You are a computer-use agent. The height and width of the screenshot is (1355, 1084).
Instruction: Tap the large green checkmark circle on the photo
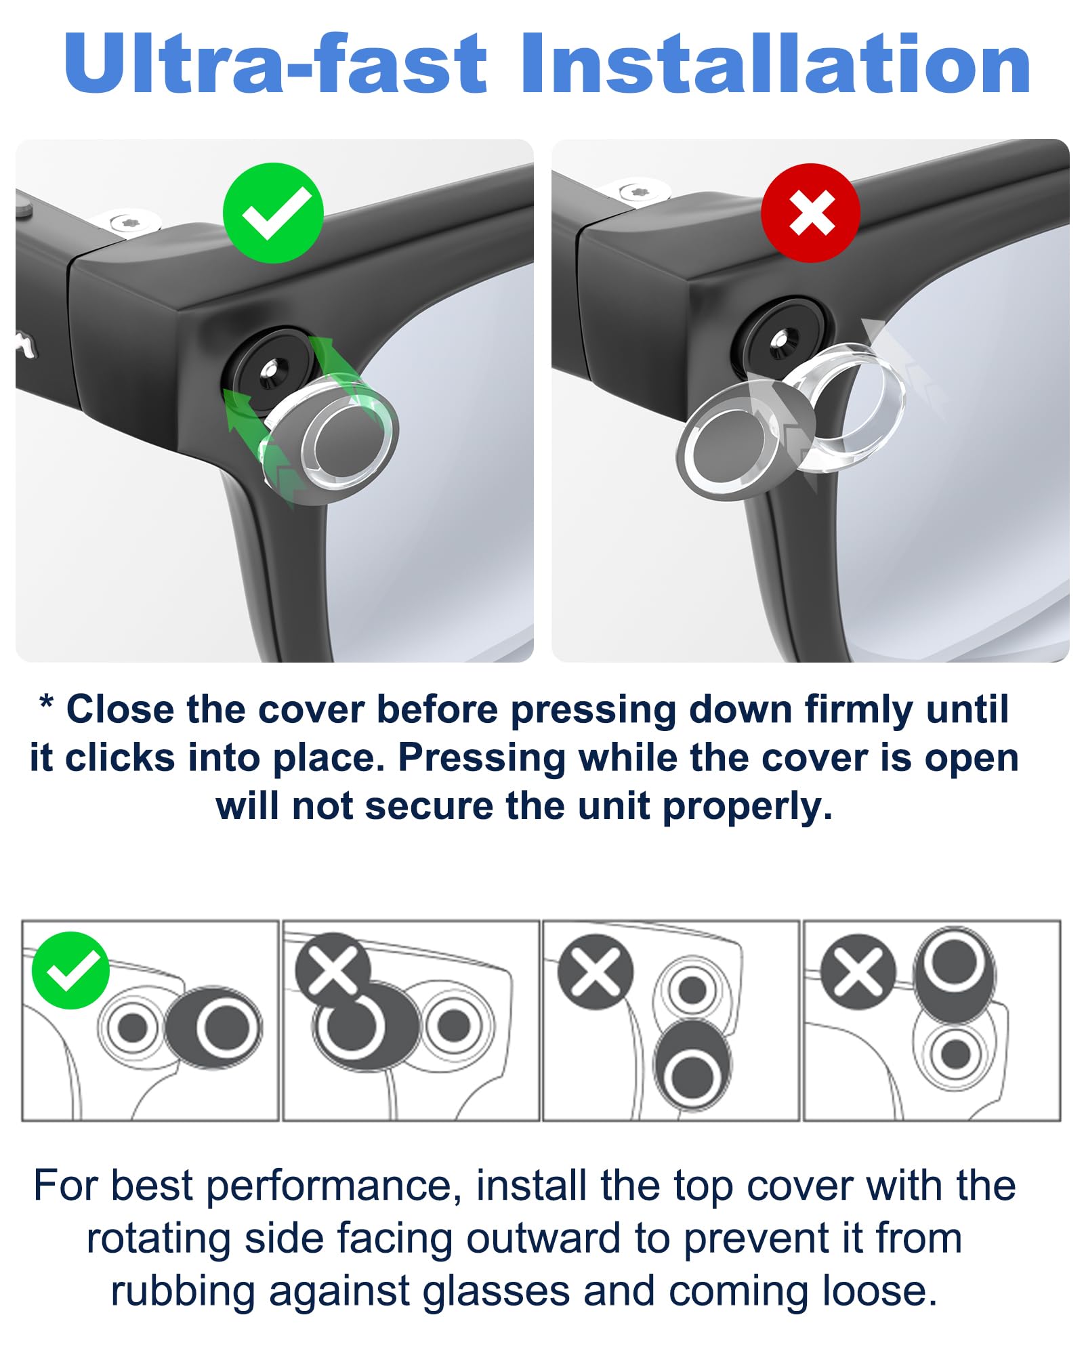[273, 213]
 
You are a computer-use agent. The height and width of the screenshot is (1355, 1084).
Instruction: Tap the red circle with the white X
[811, 213]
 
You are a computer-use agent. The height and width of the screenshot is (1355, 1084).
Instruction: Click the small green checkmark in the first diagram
[70, 970]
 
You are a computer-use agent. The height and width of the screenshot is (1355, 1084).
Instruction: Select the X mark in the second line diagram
[333, 970]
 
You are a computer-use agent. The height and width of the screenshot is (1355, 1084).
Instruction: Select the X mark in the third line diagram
[595, 972]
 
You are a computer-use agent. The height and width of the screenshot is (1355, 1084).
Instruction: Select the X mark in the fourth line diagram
[857, 972]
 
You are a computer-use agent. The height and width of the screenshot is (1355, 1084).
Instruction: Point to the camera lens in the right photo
[780, 339]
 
